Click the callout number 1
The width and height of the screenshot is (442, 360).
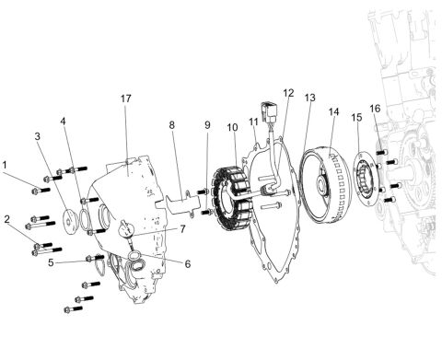[6, 166]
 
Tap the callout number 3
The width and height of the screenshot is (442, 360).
[37, 136]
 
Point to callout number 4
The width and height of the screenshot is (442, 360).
[64, 121]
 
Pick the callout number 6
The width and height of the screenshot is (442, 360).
[187, 263]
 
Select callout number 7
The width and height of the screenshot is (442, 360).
[182, 228]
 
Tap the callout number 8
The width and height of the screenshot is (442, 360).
[171, 124]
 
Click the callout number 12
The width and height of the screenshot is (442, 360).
[288, 93]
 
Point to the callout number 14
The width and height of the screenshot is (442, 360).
[334, 113]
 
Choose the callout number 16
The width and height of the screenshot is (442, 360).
[375, 109]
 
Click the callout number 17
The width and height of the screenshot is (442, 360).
[126, 98]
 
